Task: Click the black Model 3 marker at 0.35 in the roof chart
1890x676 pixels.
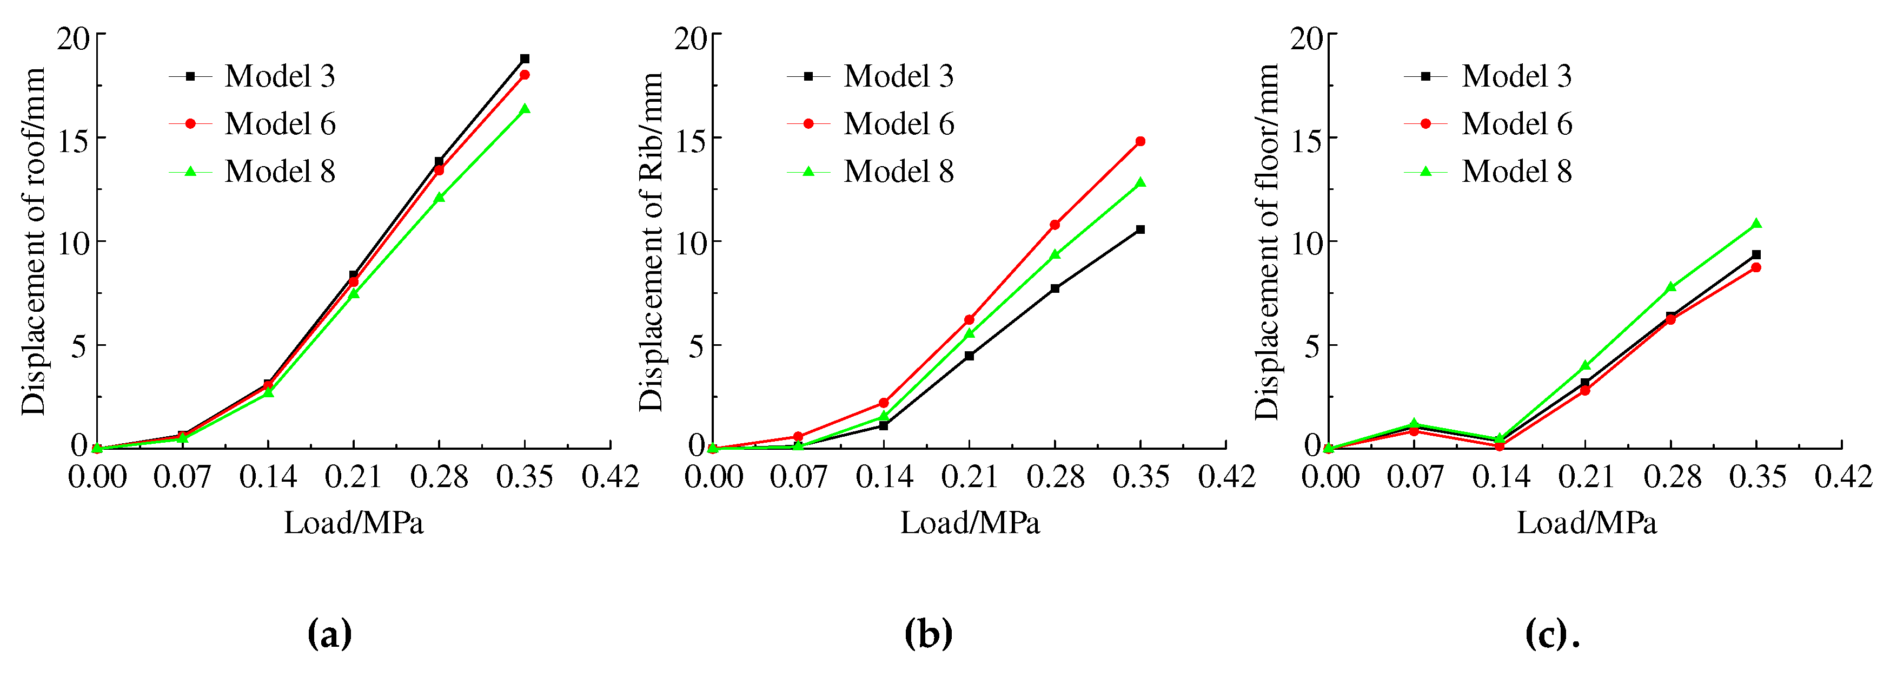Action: (525, 58)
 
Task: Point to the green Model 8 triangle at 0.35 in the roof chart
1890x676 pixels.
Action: (525, 109)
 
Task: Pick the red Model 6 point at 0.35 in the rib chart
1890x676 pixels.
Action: (1140, 142)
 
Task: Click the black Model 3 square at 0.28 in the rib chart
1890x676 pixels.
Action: (1055, 288)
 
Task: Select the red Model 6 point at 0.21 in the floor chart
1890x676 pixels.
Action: (1586, 390)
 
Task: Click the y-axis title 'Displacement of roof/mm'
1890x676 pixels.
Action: (34, 242)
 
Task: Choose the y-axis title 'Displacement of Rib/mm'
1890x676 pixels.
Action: (651, 242)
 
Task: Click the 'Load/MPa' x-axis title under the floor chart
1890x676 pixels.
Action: (1587, 523)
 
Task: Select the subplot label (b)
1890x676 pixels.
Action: (929, 633)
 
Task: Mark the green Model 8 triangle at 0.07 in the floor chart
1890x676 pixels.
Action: (1414, 424)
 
